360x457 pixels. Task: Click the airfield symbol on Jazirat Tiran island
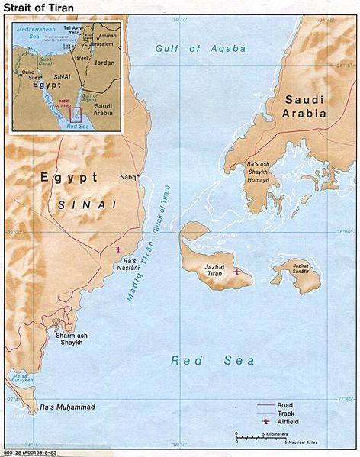237,271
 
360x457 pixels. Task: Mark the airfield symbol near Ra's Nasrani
117,249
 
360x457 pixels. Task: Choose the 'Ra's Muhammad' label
69,407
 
